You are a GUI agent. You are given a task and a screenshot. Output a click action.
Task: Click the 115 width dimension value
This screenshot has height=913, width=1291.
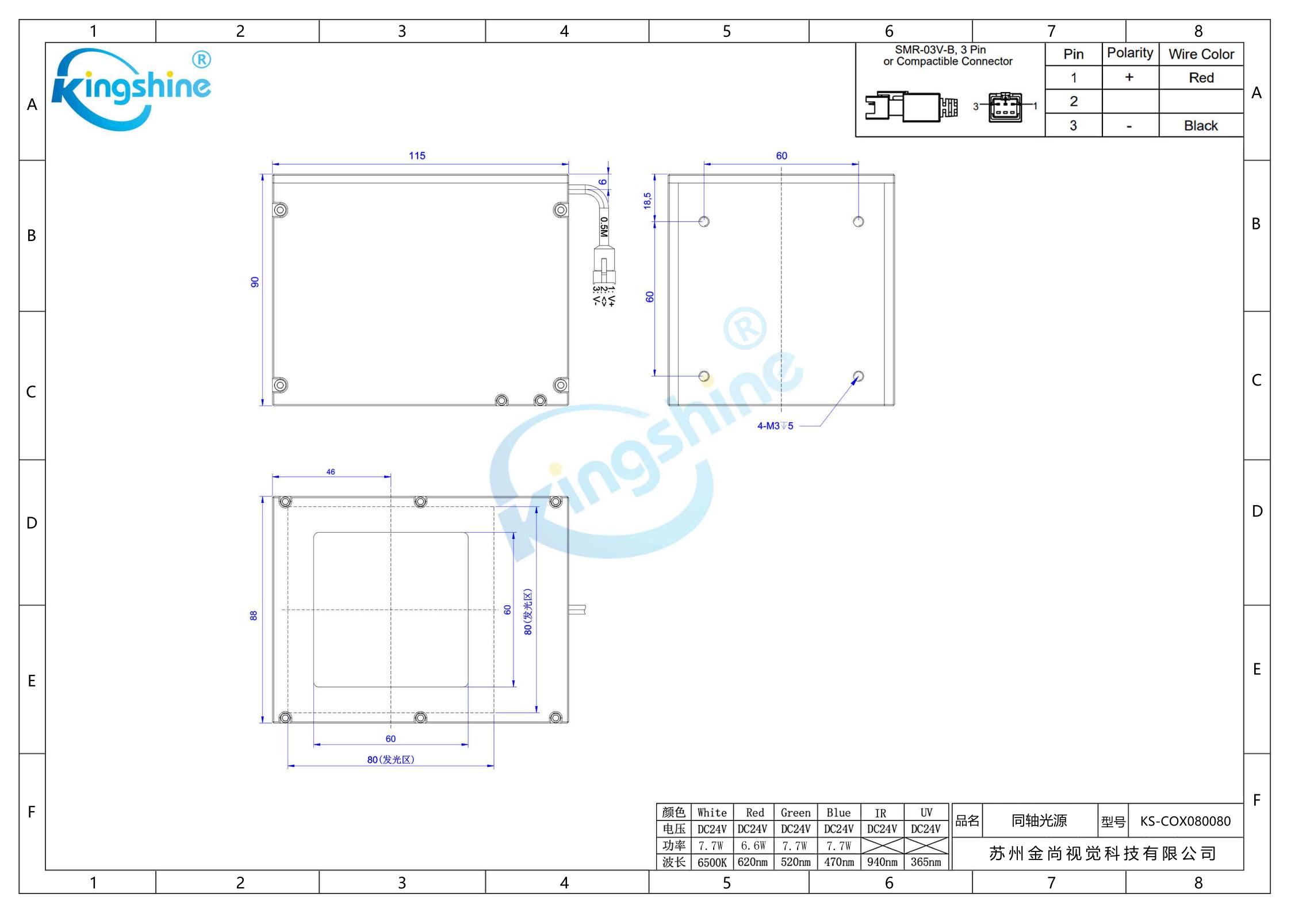tap(417, 156)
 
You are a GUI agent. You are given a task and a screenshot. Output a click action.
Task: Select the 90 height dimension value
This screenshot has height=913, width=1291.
tap(255, 282)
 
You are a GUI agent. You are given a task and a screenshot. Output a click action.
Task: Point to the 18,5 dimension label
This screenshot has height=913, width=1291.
tap(648, 201)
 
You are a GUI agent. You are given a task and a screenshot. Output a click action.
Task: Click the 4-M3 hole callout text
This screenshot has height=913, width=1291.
tap(775, 426)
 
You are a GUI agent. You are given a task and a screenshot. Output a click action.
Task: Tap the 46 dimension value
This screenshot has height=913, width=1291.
tap(331, 472)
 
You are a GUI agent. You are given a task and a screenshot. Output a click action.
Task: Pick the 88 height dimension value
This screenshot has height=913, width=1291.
tap(254, 616)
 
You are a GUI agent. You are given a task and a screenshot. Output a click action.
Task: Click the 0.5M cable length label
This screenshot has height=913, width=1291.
tap(603, 227)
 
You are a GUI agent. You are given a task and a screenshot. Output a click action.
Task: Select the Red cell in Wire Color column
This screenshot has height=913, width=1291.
tap(1201, 78)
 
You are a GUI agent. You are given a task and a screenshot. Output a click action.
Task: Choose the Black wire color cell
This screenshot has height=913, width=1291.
tap(1201, 125)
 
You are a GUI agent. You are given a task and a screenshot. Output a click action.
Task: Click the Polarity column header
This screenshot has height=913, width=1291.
tap(1130, 53)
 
